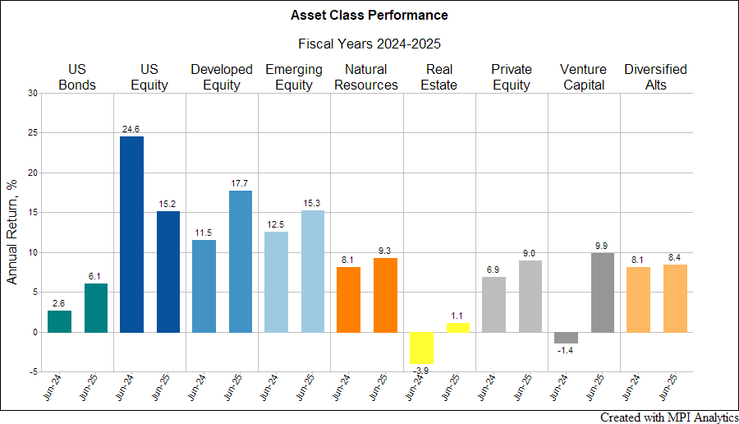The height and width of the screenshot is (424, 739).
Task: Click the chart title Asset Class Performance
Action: (x=369, y=15)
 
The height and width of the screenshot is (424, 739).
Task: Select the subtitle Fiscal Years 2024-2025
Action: (x=369, y=44)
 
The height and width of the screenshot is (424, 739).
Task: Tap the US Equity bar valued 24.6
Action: (x=131, y=234)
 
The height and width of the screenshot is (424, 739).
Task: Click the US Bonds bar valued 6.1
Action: (x=95, y=308)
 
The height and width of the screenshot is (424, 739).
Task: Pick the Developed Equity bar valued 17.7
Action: (x=240, y=261)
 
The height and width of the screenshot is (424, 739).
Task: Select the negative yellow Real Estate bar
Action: (x=420, y=348)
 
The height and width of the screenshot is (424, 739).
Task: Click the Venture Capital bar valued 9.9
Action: (x=603, y=293)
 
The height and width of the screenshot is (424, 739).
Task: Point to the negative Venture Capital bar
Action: (x=566, y=338)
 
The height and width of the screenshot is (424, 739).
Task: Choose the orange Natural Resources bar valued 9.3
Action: (x=384, y=295)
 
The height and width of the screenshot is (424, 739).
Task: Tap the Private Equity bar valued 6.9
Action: (x=493, y=305)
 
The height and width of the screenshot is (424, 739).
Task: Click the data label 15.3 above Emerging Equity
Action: (x=312, y=203)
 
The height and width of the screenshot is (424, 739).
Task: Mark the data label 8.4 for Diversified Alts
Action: (x=675, y=257)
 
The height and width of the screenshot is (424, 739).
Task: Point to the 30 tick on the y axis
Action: (x=32, y=93)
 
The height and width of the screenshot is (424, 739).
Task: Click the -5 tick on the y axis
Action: (x=32, y=372)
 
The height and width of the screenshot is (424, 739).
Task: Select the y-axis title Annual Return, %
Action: (x=12, y=233)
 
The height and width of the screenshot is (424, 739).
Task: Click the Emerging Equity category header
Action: (x=294, y=77)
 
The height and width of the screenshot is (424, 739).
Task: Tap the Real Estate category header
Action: (x=438, y=77)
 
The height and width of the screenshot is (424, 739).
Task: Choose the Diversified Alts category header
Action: (x=655, y=77)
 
